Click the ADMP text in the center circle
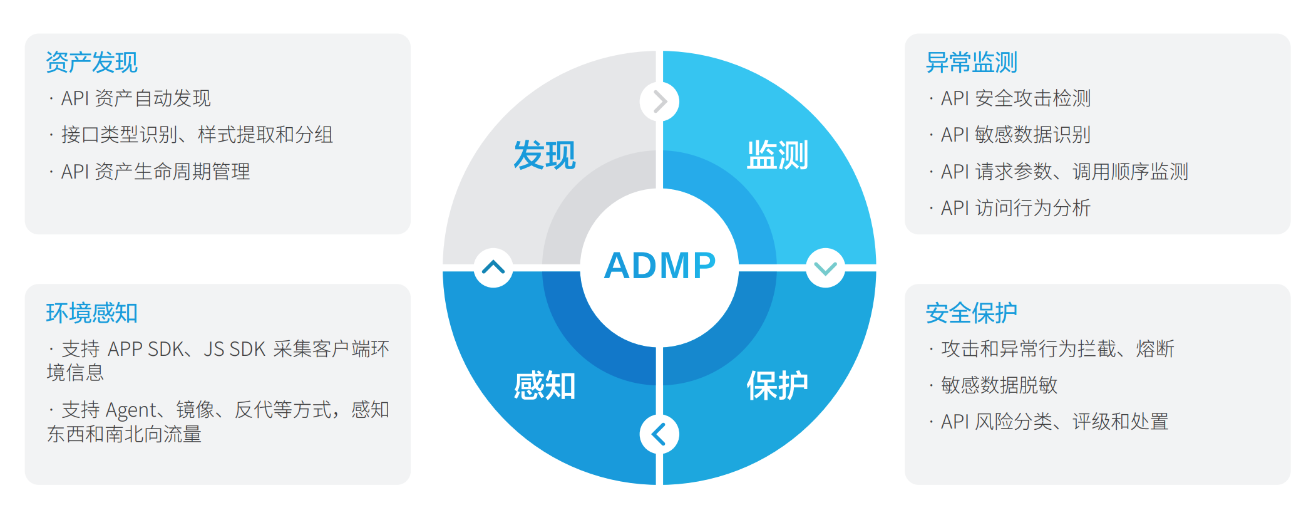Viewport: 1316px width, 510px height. pos(659,266)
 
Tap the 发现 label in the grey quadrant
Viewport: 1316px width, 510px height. pos(545,155)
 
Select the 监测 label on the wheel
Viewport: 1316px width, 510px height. pos(778,155)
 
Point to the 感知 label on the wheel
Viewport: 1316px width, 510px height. pos(545,385)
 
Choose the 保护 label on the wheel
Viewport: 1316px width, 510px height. pos(778,385)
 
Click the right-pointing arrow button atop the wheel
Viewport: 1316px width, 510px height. pos(659,101)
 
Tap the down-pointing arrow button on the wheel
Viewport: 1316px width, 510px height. pos(826,268)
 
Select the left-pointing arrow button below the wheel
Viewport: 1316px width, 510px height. pos(659,434)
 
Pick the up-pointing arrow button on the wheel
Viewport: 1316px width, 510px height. pos(493,268)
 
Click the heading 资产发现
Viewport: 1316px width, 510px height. pos(91,63)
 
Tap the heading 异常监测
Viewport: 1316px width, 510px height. pos(972,63)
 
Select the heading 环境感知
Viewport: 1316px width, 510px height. pos(91,313)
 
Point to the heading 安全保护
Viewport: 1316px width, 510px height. pos(972,313)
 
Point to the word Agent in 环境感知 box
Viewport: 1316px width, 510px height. pos(131,410)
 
